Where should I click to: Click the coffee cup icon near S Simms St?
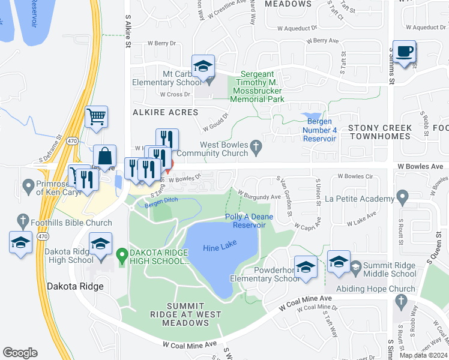click(x=406, y=52)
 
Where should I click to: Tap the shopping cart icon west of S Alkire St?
click(x=96, y=116)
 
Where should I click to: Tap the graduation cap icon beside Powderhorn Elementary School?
click(x=306, y=266)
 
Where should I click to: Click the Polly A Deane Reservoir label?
click(x=245, y=221)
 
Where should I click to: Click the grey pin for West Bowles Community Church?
click(x=256, y=145)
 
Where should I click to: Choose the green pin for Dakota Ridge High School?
click(x=122, y=257)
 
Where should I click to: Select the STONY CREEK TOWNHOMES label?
click(x=380, y=133)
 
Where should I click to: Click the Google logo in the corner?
click(x=20, y=353)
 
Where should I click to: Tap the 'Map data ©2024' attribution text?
click(x=423, y=355)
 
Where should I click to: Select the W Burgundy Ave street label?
click(x=259, y=196)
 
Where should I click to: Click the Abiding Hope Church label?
click(x=376, y=289)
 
